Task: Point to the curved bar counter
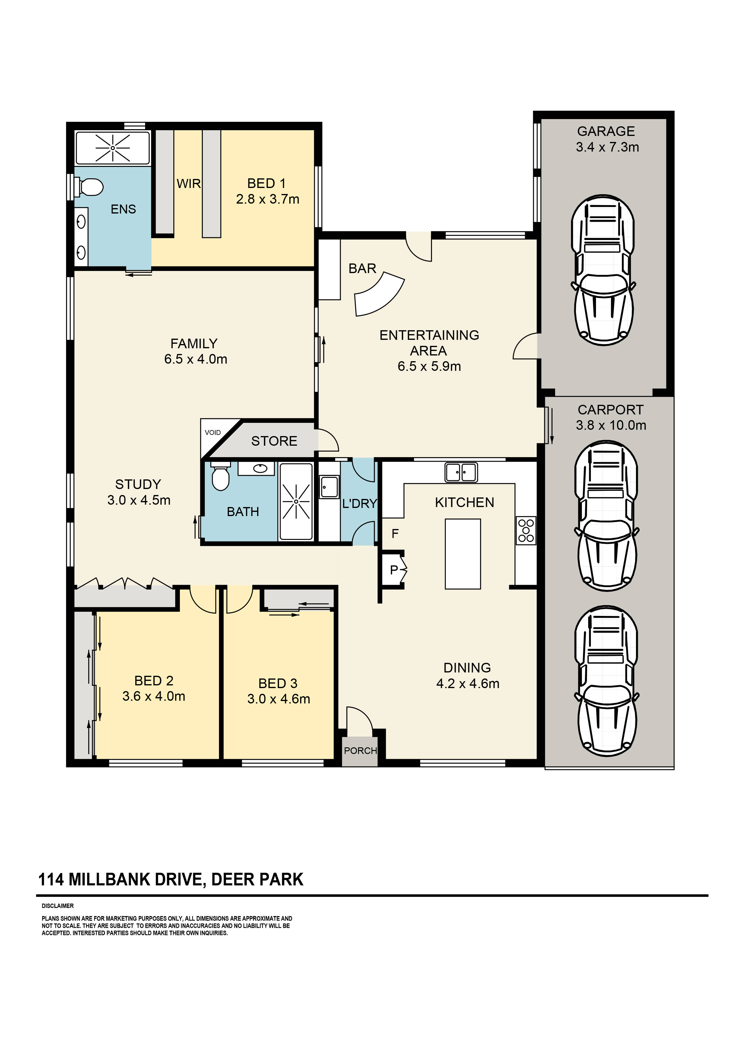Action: [x=379, y=294]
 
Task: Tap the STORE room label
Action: [x=274, y=441]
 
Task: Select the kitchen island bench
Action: [x=463, y=554]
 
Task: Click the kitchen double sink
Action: [x=461, y=472]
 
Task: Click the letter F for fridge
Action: [x=395, y=534]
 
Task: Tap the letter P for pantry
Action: [x=394, y=570]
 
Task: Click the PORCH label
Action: [x=360, y=750]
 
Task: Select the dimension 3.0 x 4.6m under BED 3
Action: [x=279, y=699]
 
